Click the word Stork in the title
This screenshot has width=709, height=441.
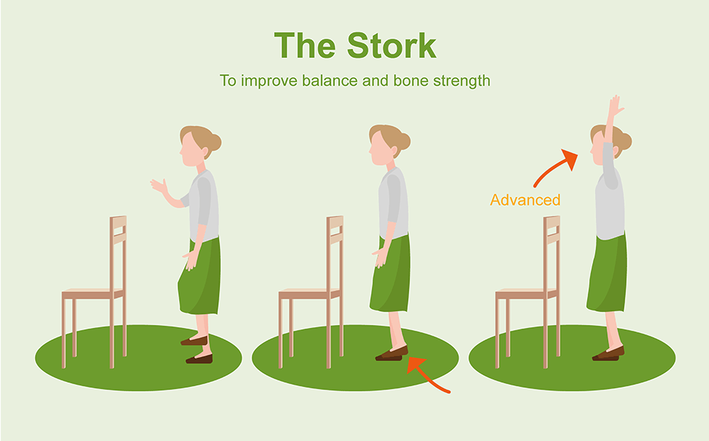coord(391,45)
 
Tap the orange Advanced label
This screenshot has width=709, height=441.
coord(525,200)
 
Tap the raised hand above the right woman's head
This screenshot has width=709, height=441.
coord(615,106)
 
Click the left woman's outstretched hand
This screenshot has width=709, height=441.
coord(159,185)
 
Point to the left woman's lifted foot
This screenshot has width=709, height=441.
coord(195,340)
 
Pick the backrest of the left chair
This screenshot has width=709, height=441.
coord(119,230)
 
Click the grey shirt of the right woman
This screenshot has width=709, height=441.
coord(610,203)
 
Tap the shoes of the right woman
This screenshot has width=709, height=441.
coord(609,354)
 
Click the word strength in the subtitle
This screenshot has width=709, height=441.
coord(462,81)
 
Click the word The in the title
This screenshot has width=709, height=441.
coord(305,45)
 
